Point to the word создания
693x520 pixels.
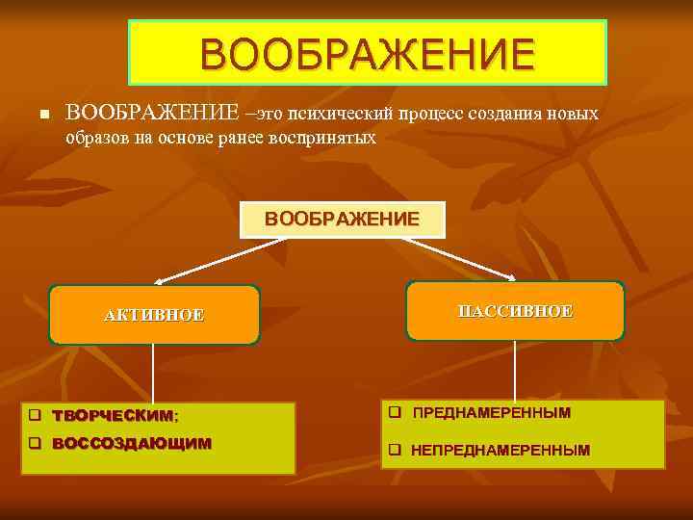click(507, 115)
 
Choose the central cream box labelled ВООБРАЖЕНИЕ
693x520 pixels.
click(342, 220)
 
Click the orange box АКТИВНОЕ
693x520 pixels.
click(154, 315)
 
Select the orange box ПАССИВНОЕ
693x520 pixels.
click(515, 311)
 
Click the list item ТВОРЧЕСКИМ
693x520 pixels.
click(113, 416)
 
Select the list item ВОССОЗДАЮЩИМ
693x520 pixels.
click(130, 444)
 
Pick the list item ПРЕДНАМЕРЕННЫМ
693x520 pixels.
click(491, 413)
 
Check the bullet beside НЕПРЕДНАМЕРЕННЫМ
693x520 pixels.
click(394, 450)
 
